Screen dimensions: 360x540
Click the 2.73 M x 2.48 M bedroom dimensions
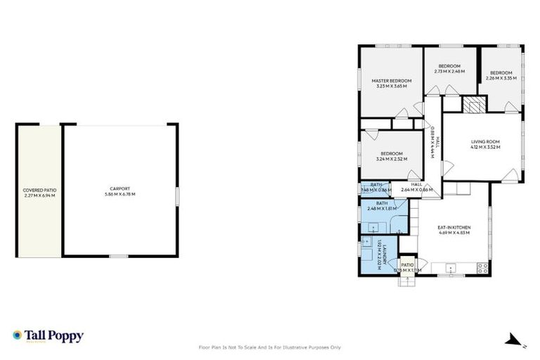point(450,71)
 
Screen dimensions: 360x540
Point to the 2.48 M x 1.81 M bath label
point(382,206)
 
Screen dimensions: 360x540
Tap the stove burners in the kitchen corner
point(483,267)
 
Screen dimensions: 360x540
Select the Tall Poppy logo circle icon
point(16,335)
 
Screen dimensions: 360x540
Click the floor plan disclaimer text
point(270,347)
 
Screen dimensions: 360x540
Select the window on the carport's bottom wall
point(119,256)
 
